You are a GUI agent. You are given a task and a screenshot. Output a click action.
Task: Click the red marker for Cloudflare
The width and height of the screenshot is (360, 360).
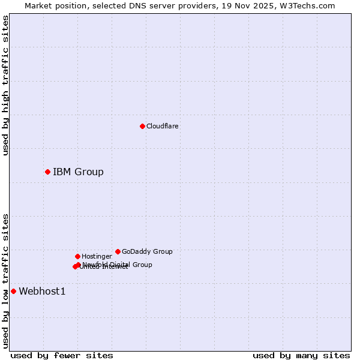pyautogui.click(x=142, y=126)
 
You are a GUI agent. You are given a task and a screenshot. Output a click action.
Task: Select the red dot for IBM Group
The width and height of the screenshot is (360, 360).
pyautogui.click(x=47, y=172)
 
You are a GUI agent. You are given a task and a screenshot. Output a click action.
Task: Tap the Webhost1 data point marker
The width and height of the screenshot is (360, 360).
pyautogui.click(x=13, y=292)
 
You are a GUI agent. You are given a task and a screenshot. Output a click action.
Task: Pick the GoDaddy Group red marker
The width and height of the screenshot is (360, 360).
pyautogui.click(x=118, y=251)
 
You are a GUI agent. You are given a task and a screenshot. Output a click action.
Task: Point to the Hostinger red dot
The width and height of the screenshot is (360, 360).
pyautogui.click(x=77, y=256)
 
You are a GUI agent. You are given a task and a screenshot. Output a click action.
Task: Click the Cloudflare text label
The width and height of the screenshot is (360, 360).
pyautogui.click(x=163, y=127)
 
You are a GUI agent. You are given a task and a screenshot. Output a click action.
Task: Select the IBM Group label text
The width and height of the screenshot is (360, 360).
pyautogui.click(x=78, y=172)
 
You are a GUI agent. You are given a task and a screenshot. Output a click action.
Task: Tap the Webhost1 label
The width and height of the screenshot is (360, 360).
pyautogui.click(x=42, y=292)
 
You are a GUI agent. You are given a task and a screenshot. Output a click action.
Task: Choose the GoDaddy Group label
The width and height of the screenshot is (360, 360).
pyautogui.click(x=147, y=252)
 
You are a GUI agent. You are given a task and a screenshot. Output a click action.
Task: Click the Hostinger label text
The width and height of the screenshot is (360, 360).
pyautogui.click(x=97, y=257)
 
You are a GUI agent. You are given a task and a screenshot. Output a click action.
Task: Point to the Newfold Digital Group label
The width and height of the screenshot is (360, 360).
pyautogui.click(x=118, y=265)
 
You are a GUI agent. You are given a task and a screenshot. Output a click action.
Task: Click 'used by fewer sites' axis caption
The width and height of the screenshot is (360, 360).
pyautogui.click(x=62, y=356)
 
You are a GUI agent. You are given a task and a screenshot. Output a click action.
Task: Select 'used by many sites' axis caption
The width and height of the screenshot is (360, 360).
pyautogui.click(x=301, y=356)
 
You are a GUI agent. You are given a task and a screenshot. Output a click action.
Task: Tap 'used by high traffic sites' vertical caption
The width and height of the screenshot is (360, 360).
pyautogui.click(x=6, y=85)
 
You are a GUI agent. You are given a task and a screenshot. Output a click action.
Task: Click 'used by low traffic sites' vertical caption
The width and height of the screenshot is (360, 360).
pyautogui.click(x=6, y=281)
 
